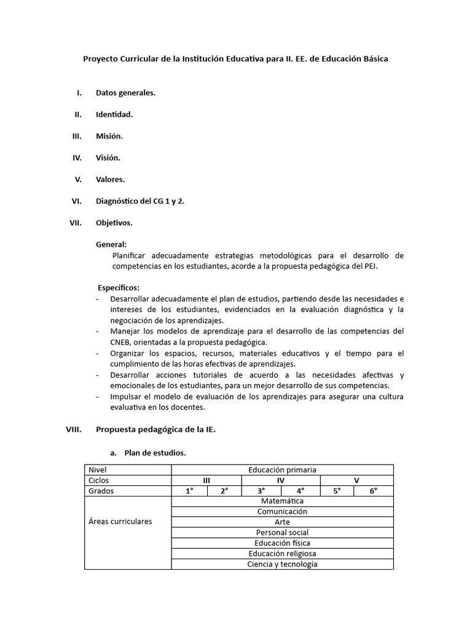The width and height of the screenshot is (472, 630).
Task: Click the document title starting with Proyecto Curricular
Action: [235, 59]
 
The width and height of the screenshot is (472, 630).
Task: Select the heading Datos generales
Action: [125, 93]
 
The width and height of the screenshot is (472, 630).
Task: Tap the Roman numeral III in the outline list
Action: [77, 136]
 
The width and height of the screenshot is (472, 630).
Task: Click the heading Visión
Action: [108, 157]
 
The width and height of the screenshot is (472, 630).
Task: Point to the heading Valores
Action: [110, 179]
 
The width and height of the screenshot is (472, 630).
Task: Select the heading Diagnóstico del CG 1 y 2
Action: [140, 201]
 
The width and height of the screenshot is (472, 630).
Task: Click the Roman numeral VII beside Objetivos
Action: [76, 222]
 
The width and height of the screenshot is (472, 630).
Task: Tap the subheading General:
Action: [111, 244]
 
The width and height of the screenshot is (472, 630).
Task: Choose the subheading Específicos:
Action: [119, 287]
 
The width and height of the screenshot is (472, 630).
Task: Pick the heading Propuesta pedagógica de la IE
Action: [155, 430]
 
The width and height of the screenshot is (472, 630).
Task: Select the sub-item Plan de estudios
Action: [155, 453]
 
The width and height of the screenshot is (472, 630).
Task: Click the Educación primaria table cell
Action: [282, 470]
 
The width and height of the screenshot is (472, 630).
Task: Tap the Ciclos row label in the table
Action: [100, 480]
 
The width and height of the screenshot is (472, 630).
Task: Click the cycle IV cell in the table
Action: [281, 480]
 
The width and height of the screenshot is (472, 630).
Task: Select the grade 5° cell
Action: [337, 491]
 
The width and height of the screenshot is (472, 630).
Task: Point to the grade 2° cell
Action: [224, 491]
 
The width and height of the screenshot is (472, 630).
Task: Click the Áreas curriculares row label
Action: [120, 522]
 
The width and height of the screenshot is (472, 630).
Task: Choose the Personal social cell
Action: [282, 533]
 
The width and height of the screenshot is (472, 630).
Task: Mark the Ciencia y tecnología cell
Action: [282, 564]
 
